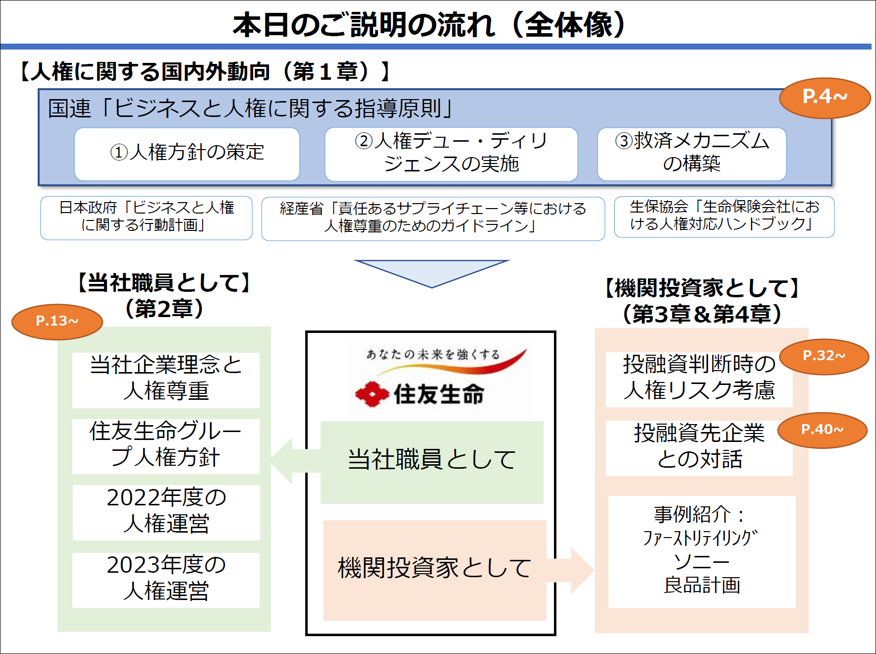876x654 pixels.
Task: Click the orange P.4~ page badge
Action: coord(825,98)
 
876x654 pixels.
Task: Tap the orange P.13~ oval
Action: coord(57,322)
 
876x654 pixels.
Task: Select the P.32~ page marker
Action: coord(824,356)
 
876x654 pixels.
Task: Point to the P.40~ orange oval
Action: coord(822,430)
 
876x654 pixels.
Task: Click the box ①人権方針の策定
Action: coord(187,154)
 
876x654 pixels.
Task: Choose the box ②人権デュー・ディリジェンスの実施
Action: coord(451,154)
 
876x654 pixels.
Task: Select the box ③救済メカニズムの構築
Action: coord(692,154)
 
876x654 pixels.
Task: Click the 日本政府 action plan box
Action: coord(146,218)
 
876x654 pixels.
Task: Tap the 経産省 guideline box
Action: coord(433,218)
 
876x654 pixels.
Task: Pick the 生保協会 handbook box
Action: coord(724,217)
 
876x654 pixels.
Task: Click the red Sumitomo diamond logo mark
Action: coord(372,394)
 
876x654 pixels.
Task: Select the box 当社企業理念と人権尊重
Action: coord(166,380)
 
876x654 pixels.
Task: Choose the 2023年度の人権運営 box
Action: coord(166,580)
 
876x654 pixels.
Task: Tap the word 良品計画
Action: coord(702,585)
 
